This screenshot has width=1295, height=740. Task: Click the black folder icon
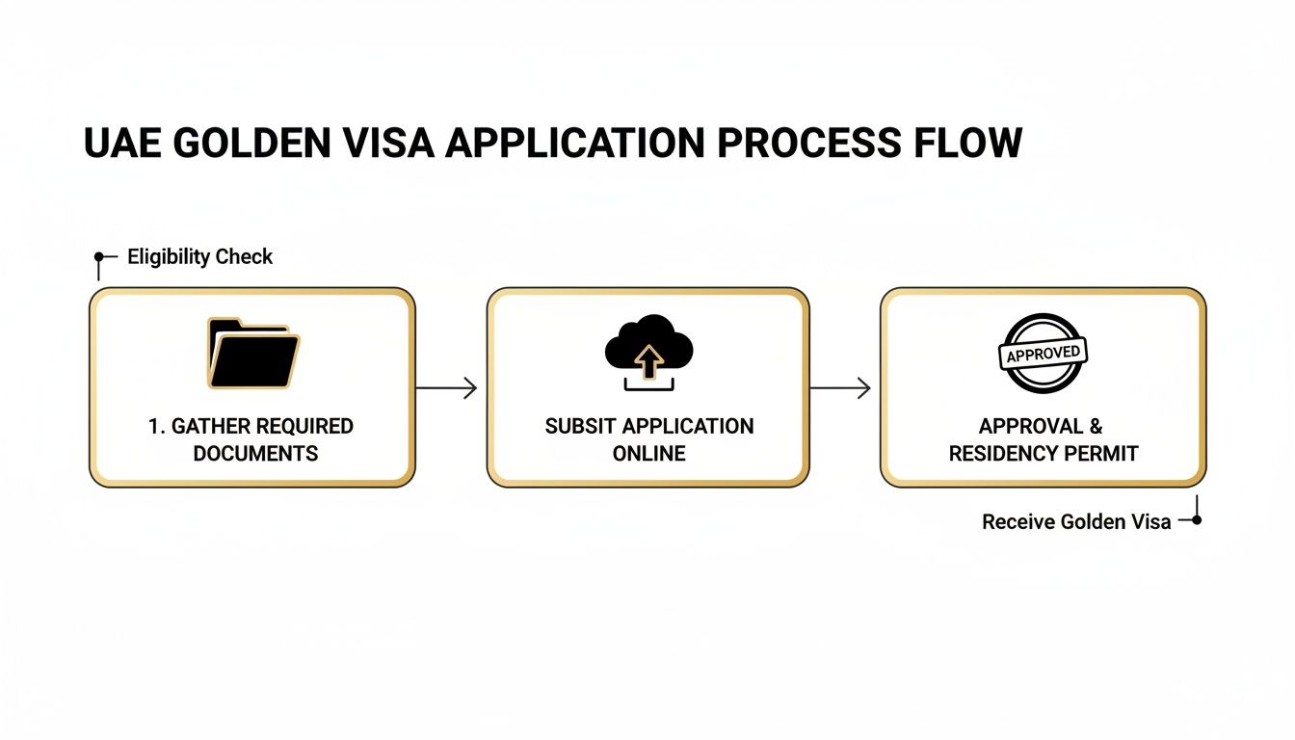click(x=253, y=355)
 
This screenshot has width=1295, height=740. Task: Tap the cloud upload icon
click(x=649, y=352)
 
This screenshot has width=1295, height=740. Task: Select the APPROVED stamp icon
click(x=1043, y=353)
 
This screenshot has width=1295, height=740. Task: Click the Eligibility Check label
click(x=200, y=257)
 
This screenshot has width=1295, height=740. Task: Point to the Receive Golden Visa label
click(x=1076, y=521)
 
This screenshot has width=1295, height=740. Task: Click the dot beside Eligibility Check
click(x=98, y=257)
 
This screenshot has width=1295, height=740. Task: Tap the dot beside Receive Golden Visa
click(x=1197, y=520)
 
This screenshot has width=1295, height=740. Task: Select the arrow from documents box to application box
click(x=447, y=388)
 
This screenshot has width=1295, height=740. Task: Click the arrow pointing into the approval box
click(x=840, y=388)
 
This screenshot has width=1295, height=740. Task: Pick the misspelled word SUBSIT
click(x=581, y=426)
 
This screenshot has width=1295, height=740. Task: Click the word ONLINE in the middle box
click(x=649, y=453)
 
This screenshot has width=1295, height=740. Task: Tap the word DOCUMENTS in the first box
click(x=255, y=453)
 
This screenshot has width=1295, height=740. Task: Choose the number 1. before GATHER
click(x=157, y=426)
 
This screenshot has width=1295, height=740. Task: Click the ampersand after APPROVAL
click(x=1096, y=426)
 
